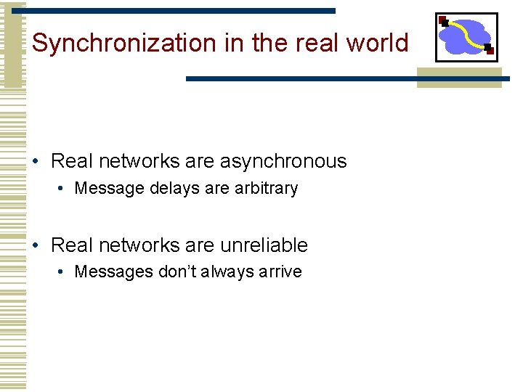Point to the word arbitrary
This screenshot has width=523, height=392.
point(266,189)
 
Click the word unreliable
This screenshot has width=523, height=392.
point(264,245)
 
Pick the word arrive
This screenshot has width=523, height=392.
point(279,272)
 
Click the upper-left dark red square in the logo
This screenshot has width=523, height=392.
point(443,20)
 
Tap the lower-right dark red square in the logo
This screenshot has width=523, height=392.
point(489,49)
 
